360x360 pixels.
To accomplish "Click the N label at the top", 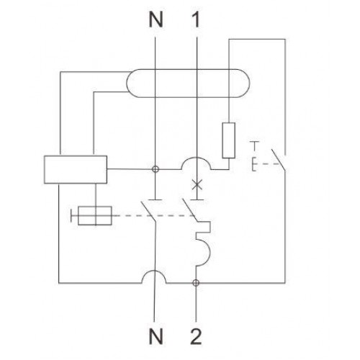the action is pos(156,19).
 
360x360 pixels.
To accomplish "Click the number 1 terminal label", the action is pos(196,19).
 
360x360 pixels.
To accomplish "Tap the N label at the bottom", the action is pos(156,336).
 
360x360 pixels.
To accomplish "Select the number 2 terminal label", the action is pos(196,336).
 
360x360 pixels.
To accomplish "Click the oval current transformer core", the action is pos(188,70).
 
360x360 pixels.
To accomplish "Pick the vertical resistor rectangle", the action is pos(229,140).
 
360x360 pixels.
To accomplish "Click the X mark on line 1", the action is pos(197,184).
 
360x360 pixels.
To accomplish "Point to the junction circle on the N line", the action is pos(156,169).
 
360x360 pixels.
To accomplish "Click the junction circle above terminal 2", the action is pos(196,283).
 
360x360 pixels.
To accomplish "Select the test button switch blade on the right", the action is pos(279,160).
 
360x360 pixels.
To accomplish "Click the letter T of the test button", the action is pos(254,146).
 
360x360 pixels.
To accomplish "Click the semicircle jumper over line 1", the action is pos(197,158).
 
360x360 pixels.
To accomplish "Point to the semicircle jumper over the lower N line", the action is pos(154,271).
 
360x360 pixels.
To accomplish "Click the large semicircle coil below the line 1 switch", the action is pos(210,253).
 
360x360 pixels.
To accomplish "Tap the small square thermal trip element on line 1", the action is pos(210,227).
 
